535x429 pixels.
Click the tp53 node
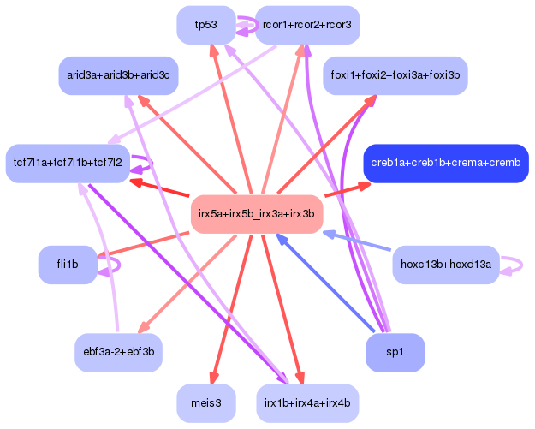click(206, 25)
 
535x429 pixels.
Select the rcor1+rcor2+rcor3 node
click(307, 25)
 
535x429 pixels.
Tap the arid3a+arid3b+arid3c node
click(118, 75)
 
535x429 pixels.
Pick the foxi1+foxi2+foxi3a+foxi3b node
click(395, 75)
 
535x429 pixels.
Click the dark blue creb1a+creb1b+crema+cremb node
click(446, 164)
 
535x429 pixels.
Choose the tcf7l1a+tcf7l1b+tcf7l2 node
click(68, 164)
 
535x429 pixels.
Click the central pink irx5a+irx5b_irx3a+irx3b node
click(257, 214)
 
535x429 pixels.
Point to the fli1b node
click(68, 265)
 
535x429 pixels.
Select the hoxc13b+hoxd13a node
click(446, 265)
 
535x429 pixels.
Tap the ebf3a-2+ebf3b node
click(118, 352)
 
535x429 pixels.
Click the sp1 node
click(395, 352)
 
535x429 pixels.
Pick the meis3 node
click(206, 403)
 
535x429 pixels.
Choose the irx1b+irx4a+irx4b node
click(307, 403)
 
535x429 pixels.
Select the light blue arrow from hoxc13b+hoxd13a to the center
click(357, 241)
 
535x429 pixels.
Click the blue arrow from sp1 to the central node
click(325, 283)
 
